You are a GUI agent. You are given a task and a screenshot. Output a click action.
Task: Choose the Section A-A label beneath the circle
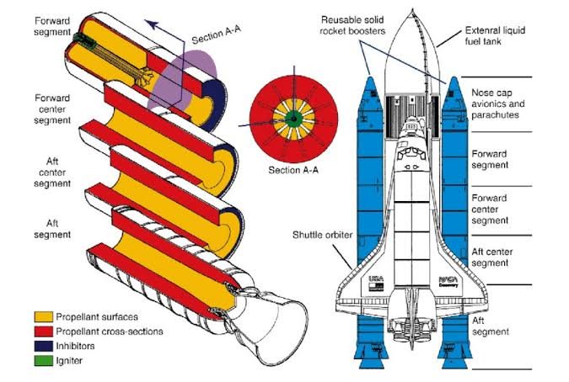pyautogui.click(x=289, y=170)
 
